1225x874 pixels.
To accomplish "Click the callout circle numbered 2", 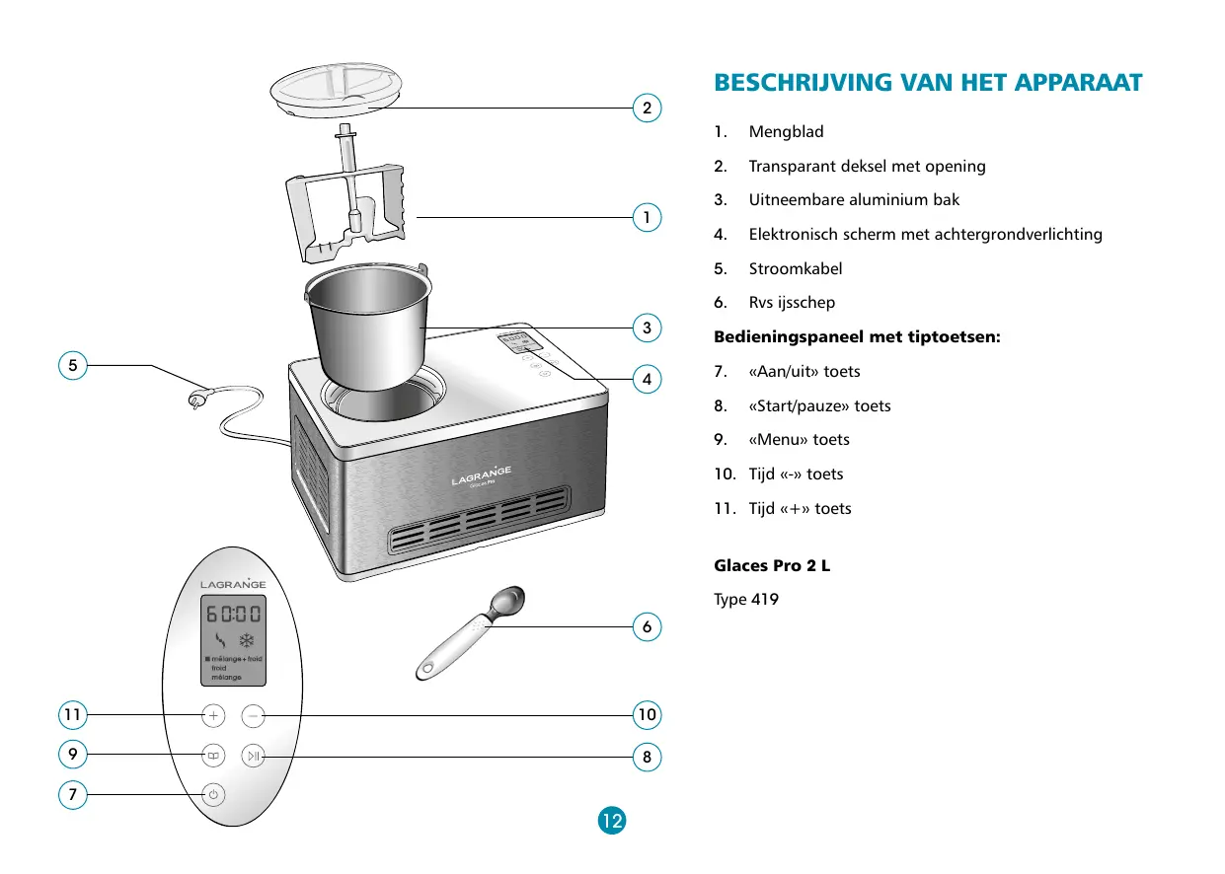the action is coord(647,108).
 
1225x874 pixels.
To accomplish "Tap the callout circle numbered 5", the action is coord(73,365).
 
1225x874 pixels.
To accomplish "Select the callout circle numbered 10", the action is coord(647,715).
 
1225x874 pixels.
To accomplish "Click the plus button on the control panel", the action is coord(213,715).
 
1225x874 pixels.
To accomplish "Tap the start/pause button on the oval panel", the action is coord(254,756).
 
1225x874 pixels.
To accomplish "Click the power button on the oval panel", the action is coord(213,794).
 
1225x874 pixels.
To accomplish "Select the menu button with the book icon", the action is coord(213,756).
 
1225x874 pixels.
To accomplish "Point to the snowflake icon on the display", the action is coord(247,640).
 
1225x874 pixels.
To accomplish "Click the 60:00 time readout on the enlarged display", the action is coord(234,614).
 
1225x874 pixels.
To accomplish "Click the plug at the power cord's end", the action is coord(196,399).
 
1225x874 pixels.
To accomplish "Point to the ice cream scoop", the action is coord(470,633).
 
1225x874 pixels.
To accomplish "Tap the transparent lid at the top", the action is coord(336,89).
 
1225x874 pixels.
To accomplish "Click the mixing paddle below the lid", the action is coord(345,194).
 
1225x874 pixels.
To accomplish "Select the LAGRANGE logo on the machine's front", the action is coord(482,475).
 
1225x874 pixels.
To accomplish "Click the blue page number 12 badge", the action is coord(612,821).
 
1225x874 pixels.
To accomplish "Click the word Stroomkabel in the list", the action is coord(796,268).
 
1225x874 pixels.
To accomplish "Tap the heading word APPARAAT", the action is coord(1078,83).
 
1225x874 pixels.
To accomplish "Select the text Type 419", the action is coord(746,600).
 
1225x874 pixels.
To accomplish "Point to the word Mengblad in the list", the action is coord(786,132).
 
